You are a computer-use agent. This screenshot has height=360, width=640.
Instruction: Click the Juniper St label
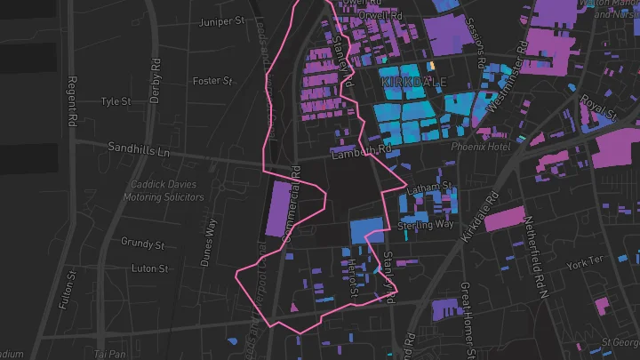pos(223,21)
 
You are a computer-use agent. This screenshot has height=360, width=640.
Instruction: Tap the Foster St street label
pos(212,81)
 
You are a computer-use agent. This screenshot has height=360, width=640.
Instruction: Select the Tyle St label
pos(116,101)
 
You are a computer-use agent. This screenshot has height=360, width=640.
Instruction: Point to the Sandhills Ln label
pos(138,150)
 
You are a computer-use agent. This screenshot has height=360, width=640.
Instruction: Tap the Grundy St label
pos(143,243)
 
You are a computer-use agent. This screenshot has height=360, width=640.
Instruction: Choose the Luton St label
pos(149,268)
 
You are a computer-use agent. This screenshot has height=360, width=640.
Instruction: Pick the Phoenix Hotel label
pos(481,147)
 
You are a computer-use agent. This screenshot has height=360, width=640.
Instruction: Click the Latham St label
pos(429,189)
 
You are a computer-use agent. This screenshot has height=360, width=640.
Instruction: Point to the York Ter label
pos(584,262)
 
